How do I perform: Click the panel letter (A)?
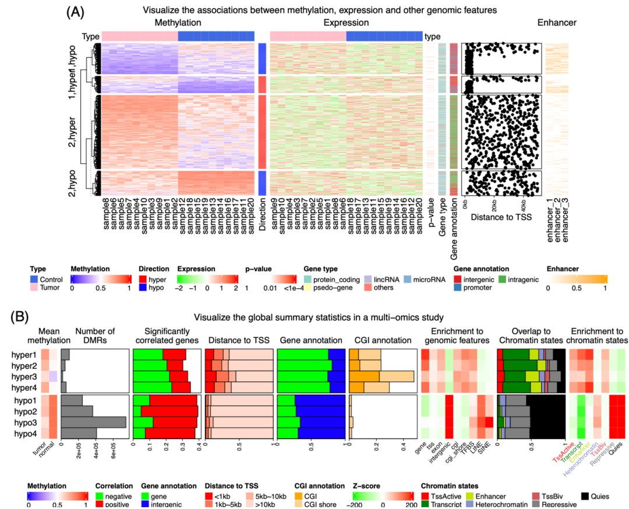click(x=76, y=11)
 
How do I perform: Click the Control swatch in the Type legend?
click(x=34, y=280)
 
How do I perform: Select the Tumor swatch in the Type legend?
click(x=34, y=287)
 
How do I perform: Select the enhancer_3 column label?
click(x=566, y=221)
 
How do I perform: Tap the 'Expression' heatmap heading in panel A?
click(x=346, y=23)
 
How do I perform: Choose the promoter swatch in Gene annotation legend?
click(x=458, y=287)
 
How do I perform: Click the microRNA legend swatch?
click(x=408, y=280)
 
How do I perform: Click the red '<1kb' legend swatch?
click(x=209, y=497)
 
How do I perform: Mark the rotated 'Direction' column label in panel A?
click(x=263, y=215)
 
